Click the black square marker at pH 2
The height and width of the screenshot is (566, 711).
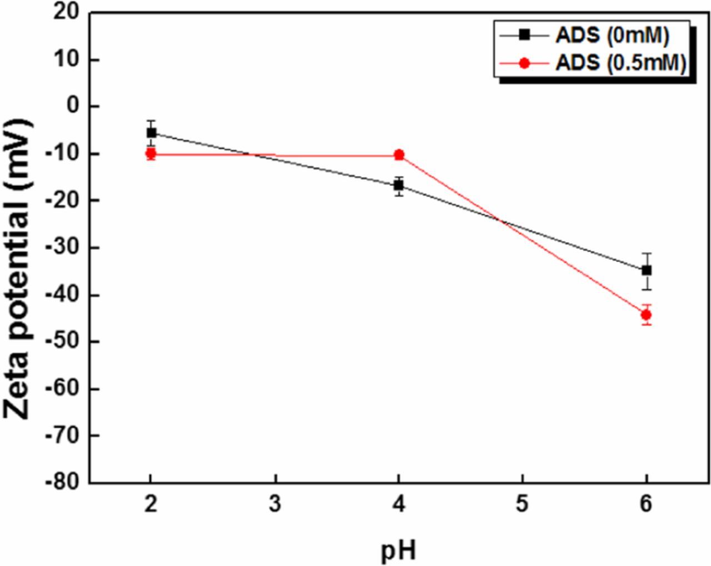click(151, 133)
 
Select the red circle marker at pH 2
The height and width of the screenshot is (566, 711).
click(151, 154)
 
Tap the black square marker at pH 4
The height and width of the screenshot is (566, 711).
click(399, 185)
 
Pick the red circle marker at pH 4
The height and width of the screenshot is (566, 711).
click(399, 155)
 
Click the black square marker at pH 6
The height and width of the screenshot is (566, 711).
click(647, 270)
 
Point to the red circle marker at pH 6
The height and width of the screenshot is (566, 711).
click(646, 315)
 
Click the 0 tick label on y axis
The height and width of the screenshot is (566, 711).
click(74, 106)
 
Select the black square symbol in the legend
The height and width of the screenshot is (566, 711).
click(524, 35)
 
